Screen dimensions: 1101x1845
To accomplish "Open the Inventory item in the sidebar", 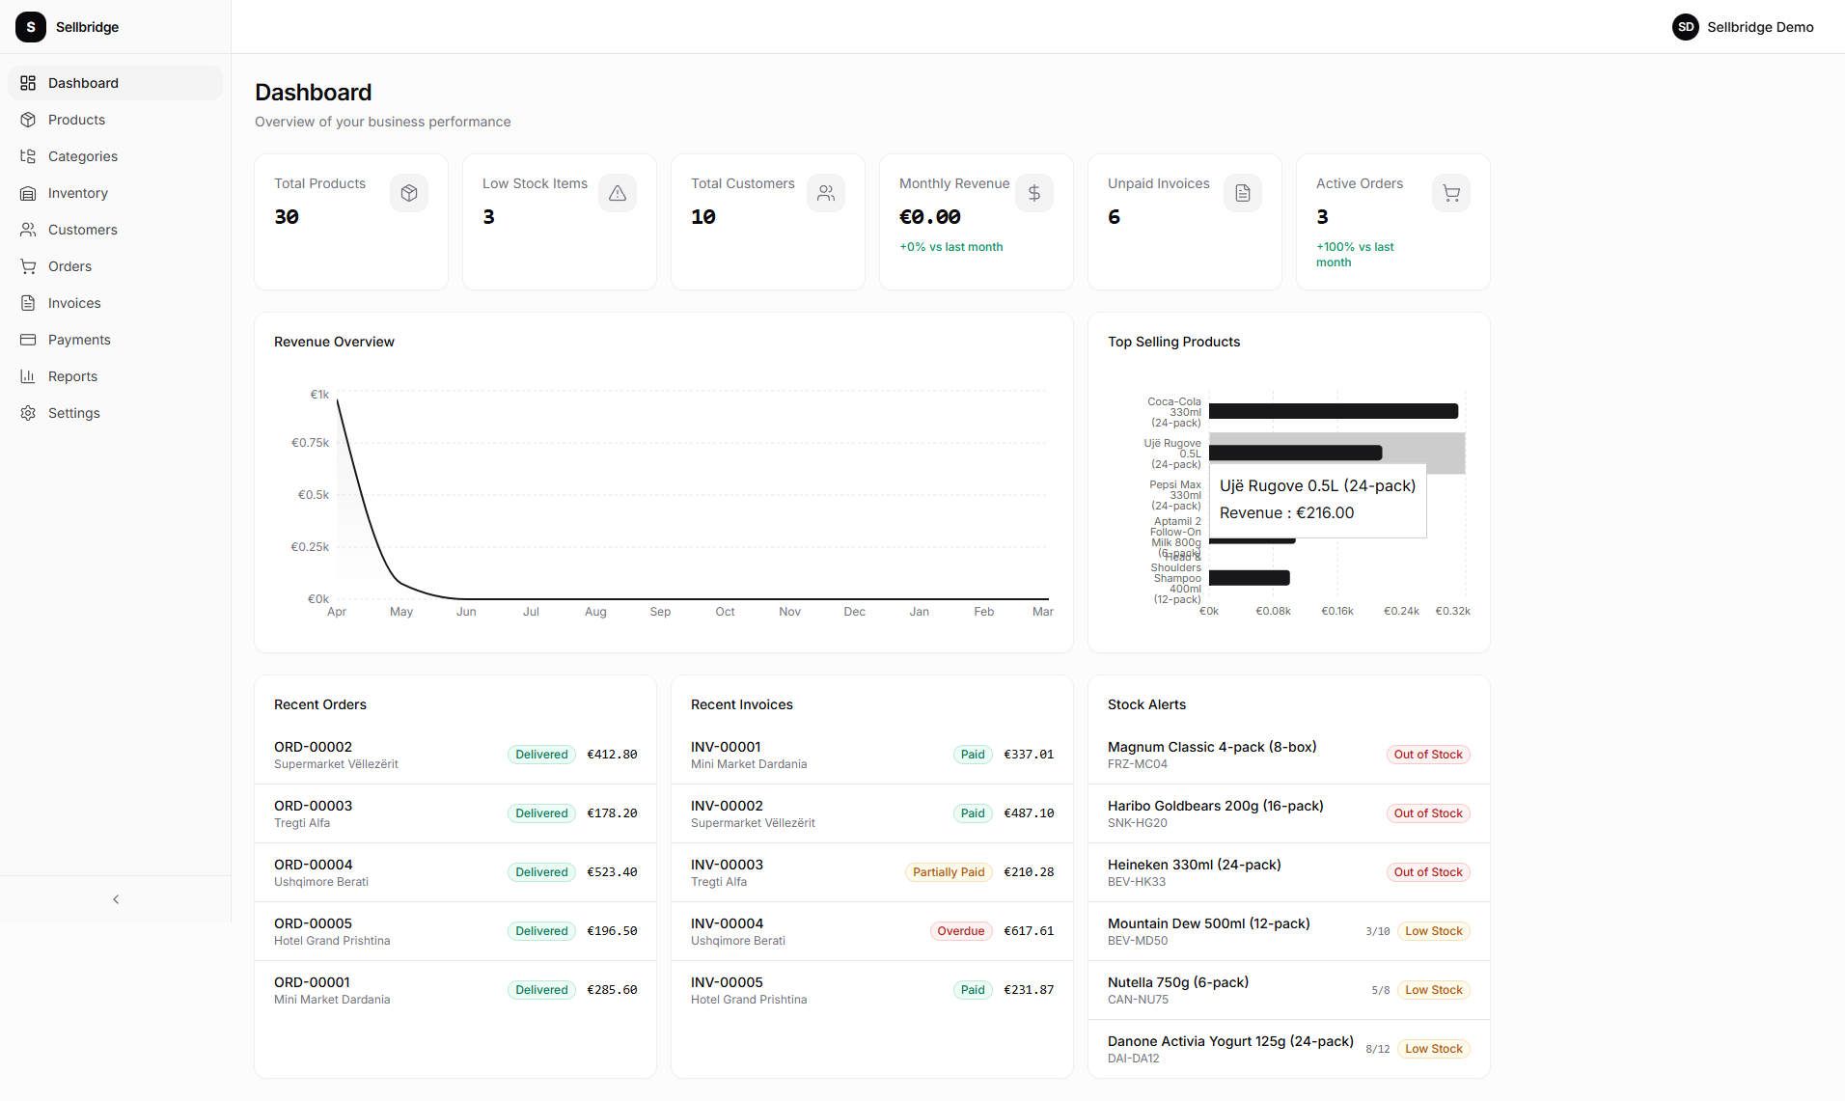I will [x=77, y=193].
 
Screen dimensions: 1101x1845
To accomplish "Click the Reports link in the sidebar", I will [x=72, y=376].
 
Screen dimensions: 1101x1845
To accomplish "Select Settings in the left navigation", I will [x=73, y=413].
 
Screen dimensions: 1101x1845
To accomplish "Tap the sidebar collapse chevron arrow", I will [x=116, y=899].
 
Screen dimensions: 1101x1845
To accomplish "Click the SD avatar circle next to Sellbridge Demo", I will [x=1685, y=27].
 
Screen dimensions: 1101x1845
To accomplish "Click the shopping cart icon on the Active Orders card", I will [x=1450, y=193].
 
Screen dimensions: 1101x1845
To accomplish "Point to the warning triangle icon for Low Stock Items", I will [x=617, y=193].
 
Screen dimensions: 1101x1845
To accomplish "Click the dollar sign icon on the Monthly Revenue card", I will [x=1033, y=193].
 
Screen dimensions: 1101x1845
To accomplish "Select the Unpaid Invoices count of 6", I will [x=1114, y=217].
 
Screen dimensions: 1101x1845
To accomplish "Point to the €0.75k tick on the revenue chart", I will [x=310, y=443].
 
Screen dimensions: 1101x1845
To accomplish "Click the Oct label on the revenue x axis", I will [x=725, y=612].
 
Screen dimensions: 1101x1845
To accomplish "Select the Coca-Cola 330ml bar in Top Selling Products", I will [x=1333, y=412].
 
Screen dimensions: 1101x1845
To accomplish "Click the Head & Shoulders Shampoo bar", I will [x=1249, y=578].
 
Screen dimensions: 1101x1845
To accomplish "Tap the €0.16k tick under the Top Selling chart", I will [x=1336, y=611].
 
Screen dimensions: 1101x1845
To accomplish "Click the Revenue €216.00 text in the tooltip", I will [x=1286, y=513].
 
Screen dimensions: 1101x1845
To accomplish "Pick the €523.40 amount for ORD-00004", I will [x=612, y=872].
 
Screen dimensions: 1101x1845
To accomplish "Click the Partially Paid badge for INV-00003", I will [x=949, y=872].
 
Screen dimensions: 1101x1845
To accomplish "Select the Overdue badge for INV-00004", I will [x=960, y=931].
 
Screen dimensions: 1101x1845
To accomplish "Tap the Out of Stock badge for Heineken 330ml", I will [x=1427, y=872].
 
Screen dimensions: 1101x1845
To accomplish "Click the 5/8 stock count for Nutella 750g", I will [x=1380, y=990].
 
